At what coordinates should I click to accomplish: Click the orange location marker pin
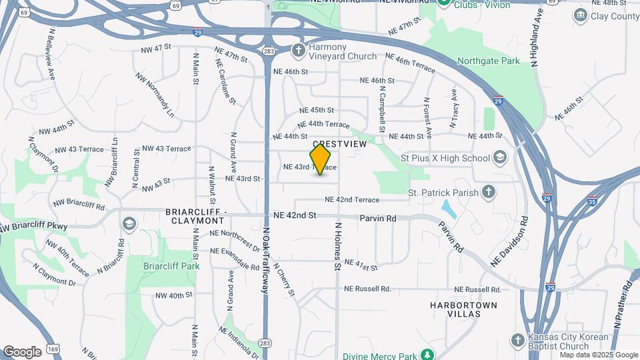coord(321,159)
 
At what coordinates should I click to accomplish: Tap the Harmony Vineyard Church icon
coord(299,50)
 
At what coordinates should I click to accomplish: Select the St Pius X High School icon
coord(499,157)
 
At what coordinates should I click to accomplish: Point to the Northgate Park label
coord(488,61)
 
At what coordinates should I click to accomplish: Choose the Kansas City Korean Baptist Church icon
coord(518,341)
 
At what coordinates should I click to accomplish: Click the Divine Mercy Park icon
coord(426,355)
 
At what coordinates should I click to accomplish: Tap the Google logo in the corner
coord(22,351)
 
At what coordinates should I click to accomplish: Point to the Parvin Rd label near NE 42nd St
coord(378,218)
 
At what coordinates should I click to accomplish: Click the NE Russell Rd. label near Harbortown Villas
coord(477,289)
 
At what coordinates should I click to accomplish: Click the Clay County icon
coord(580,15)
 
